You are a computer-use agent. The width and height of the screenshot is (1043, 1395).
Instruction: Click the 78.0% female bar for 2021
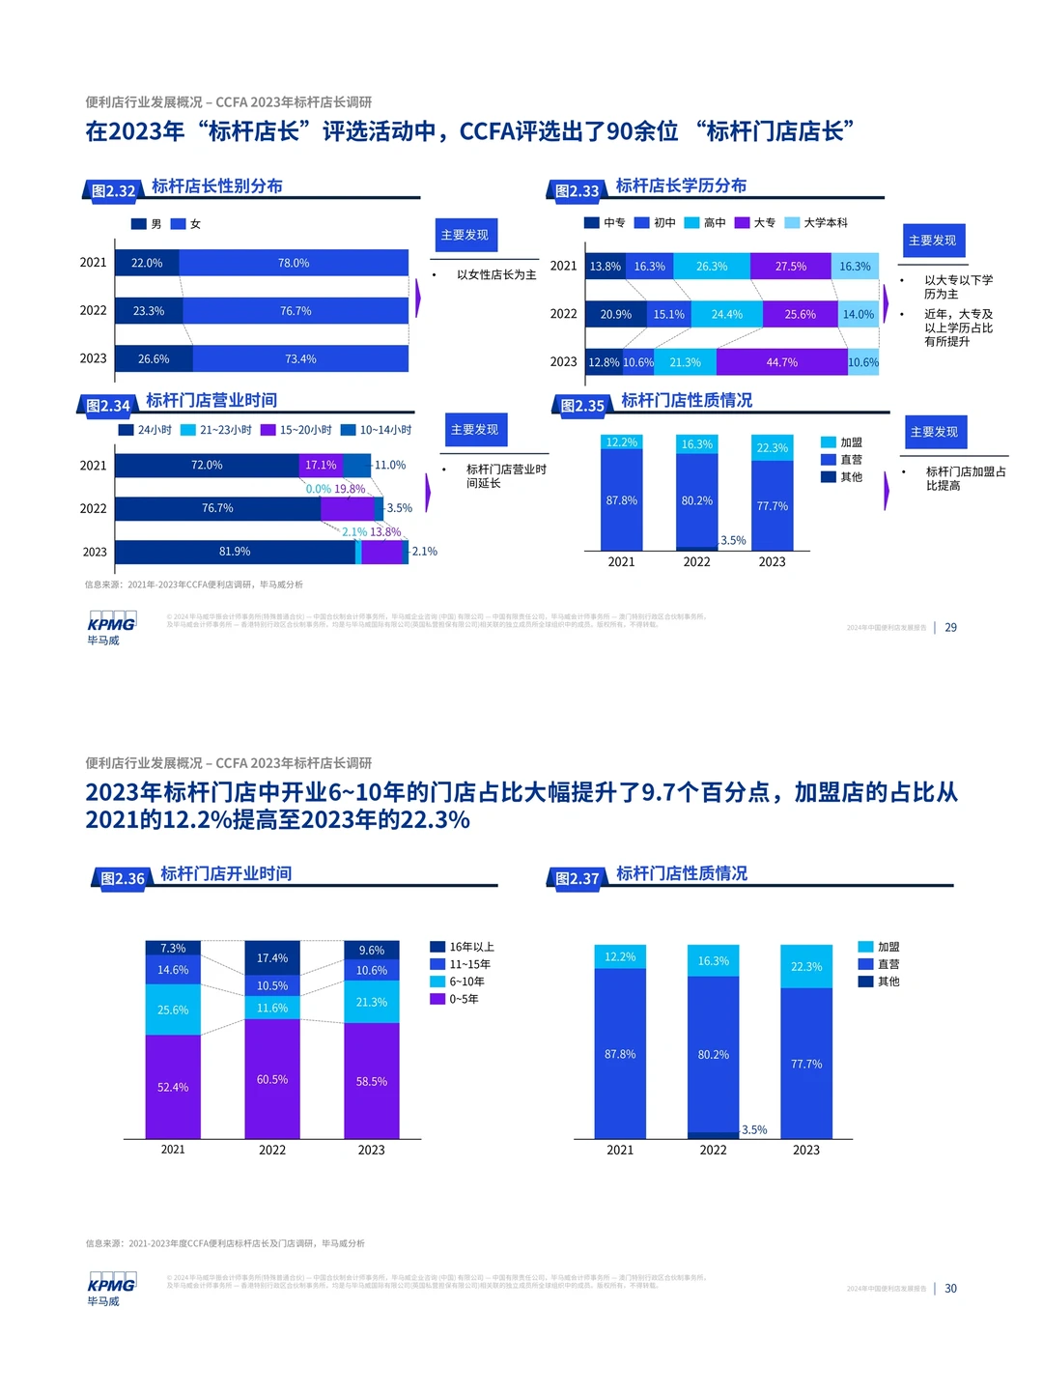coord(294,263)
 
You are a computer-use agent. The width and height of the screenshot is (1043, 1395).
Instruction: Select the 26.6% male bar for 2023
coord(154,358)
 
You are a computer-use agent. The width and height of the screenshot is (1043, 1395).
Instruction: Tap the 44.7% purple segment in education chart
coord(781,362)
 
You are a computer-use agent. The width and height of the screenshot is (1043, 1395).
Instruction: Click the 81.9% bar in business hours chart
coord(235,552)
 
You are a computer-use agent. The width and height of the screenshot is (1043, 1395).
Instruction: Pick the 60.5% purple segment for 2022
coord(272,1079)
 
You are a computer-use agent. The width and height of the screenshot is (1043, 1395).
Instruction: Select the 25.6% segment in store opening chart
coord(173,1010)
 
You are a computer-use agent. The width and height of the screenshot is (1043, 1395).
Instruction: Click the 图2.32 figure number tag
coord(113,190)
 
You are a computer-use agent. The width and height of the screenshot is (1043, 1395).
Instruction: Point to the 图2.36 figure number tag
coord(123,878)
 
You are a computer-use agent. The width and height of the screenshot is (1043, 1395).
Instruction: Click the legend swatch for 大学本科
coord(792,223)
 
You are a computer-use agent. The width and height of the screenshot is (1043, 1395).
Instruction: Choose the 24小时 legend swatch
coord(126,430)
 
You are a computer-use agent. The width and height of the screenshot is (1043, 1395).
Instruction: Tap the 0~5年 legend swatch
coord(437,999)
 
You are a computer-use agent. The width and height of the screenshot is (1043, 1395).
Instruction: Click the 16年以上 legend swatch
coord(437,947)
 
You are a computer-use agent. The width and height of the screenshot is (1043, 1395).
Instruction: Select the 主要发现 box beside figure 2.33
coord(932,241)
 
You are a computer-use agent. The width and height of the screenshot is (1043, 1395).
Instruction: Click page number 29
coord(951,627)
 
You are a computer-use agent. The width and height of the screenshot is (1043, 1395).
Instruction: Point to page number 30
coord(951,1288)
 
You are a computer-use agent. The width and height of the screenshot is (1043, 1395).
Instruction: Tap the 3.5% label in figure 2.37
coord(754,1129)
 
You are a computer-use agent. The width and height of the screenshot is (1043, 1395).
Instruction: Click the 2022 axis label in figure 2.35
coord(696,561)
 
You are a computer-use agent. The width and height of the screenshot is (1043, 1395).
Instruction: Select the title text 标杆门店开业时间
coord(226,873)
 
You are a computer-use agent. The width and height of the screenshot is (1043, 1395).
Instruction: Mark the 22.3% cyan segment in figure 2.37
coord(806,966)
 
